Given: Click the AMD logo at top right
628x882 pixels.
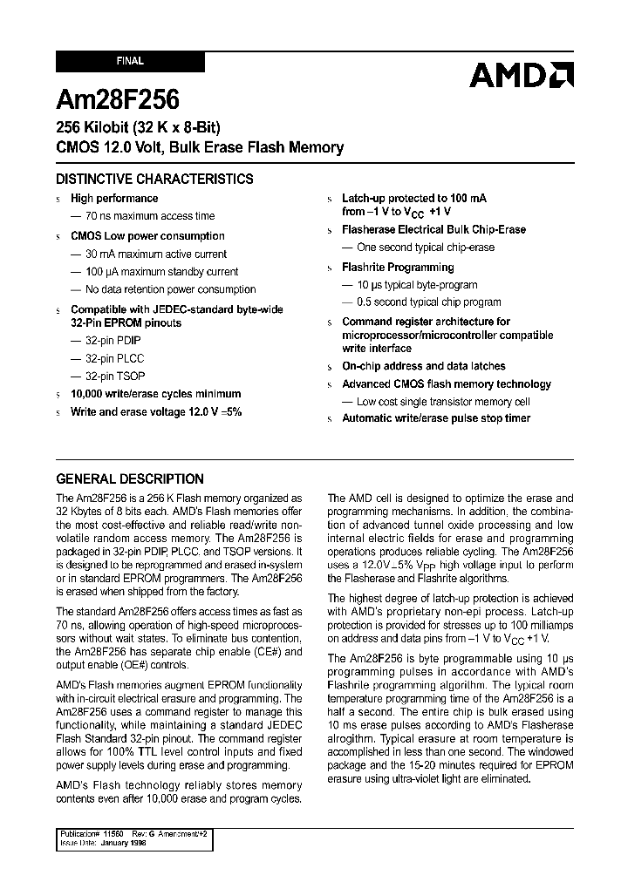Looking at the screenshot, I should (x=521, y=75).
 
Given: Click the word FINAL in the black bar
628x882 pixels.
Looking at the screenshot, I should (x=130, y=62).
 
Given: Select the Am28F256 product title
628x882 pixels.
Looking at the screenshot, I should (x=118, y=98).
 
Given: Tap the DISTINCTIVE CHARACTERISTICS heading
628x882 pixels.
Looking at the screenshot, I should (x=154, y=180).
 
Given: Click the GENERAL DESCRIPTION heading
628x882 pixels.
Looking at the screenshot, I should (x=130, y=478).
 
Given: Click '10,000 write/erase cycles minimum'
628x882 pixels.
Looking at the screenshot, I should (x=155, y=394).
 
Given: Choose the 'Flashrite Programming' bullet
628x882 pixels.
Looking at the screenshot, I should (x=398, y=268).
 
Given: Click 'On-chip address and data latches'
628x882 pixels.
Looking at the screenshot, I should (x=423, y=367).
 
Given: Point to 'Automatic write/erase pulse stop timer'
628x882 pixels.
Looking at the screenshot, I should (x=436, y=418).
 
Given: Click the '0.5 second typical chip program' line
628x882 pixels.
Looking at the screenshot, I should (x=427, y=302).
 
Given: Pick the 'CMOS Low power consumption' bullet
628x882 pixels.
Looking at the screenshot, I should (x=147, y=236).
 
